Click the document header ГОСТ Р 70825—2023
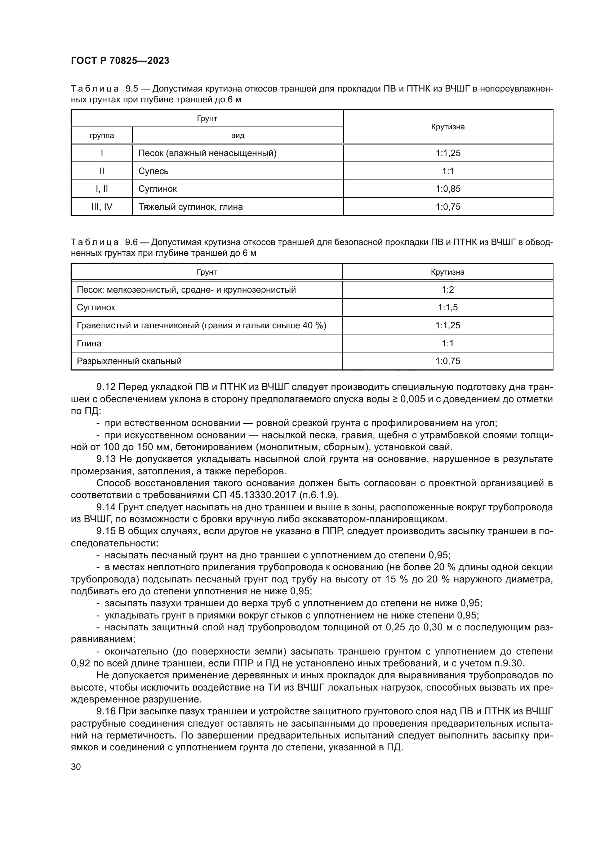pos(120,61)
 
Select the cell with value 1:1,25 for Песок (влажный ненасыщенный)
pos(448,153)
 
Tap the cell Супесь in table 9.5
pos(154,171)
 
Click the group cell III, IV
pos(102,207)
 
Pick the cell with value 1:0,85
pos(448,189)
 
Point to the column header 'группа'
pos(102,136)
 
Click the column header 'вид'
pos(237,136)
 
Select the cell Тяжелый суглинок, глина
pos(191,207)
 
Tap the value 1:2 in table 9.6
pos(448,290)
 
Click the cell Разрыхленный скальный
pos(129,361)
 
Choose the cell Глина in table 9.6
pos(89,343)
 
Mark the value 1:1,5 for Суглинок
pos(448,307)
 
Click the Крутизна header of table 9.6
pos(448,272)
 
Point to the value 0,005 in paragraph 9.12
pos(413,399)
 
